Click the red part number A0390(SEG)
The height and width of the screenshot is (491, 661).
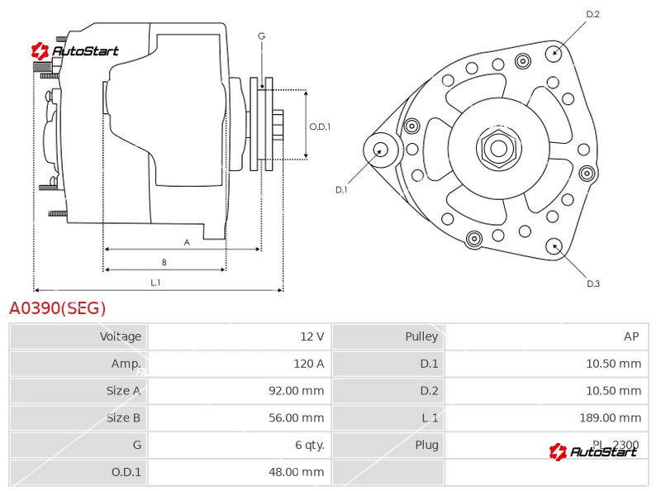[58, 308]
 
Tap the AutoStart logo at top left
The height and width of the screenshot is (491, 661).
[75, 51]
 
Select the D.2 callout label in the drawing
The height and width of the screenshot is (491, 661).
[592, 14]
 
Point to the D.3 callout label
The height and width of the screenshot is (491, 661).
[592, 284]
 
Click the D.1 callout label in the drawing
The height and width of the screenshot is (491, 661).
[341, 189]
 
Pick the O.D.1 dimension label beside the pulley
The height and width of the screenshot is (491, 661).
[320, 126]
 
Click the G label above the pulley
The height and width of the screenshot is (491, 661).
[261, 36]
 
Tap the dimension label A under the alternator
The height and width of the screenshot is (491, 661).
[187, 242]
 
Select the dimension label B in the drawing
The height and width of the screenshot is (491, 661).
[164, 263]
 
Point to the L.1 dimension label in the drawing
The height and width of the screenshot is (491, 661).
[155, 283]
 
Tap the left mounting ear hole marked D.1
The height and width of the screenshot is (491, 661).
[381, 150]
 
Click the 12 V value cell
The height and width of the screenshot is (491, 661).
[312, 336]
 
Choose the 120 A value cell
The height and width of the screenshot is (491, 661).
[308, 364]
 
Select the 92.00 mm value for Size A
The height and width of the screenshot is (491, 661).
[296, 391]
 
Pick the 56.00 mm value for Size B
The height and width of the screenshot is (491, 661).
[296, 417]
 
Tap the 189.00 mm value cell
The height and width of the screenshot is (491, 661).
[610, 417]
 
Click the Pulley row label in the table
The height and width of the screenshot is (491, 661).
[421, 336]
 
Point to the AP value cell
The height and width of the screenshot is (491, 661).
[631, 336]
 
